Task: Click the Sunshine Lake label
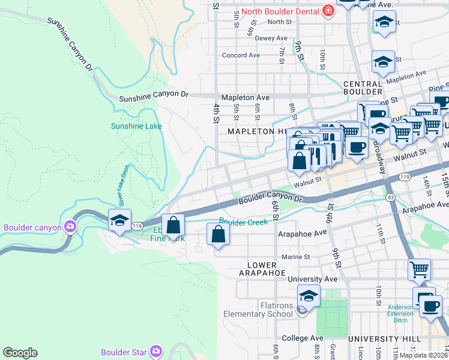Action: point(136,126)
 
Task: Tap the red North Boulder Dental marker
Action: point(328,10)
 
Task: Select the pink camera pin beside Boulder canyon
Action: point(70,227)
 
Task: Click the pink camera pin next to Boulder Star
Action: point(156,350)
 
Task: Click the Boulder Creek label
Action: point(243,221)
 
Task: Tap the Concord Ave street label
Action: point(241,55)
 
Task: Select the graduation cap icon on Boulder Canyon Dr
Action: point(119,221)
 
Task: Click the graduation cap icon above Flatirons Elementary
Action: point(309,296)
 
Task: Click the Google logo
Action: point(20,353)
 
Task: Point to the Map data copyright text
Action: point(423,355)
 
